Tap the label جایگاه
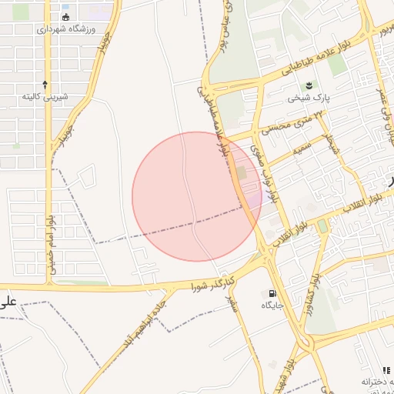click(272, 306)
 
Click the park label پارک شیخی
click(309, 98)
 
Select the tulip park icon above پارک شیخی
click(309, 85)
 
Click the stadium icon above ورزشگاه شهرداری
click(65, 16)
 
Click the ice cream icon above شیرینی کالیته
click(45, 84)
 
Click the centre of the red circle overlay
click(197, 197)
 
